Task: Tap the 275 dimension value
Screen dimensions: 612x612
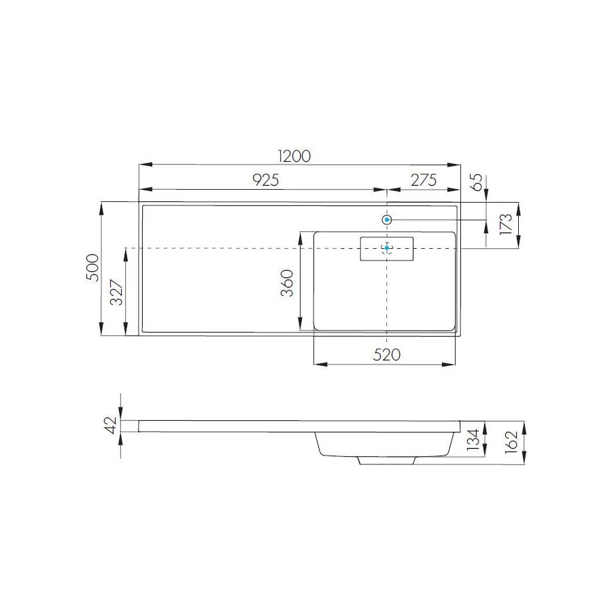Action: click(x=423, y=180)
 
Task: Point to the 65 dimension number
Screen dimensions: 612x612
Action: click(x=477, y=182)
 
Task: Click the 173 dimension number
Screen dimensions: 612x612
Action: click(x=505, y=224)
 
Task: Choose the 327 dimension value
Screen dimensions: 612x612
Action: click(x=117, y=292)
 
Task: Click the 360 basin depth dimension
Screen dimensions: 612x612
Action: click(x=288, y=283)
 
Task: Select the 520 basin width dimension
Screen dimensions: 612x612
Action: click(x=386, y=354)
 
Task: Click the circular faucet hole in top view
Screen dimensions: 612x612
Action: click(x=387, y=220)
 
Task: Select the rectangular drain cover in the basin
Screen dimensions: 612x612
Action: click(x=386, y=248)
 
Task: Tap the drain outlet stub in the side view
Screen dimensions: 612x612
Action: click(x=386, y=460)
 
